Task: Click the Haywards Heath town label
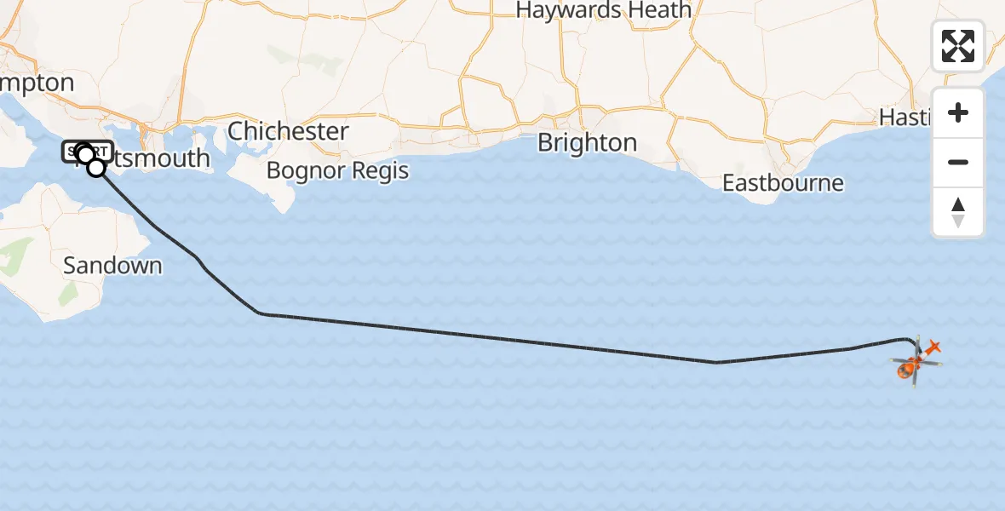(603, 10)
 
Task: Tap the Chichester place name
(288, 131)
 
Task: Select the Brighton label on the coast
(587, 142)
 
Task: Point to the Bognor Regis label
(337, 170)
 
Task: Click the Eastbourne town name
(783, 183)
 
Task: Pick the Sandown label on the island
(112, 265)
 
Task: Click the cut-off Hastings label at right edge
(905, 117)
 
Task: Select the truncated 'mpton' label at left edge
(37, 83)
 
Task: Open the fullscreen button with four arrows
(958, 46)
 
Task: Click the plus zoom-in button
(958, 112)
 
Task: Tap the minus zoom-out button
(958, 162)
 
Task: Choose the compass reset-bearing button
(958, 212)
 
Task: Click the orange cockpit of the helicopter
(907, 370)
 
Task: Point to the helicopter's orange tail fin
(933, 347)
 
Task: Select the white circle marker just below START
(97, 168)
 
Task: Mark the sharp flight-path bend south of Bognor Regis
(260, 313)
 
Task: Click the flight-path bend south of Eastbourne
(716, 362)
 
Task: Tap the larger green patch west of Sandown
(17, 255)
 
